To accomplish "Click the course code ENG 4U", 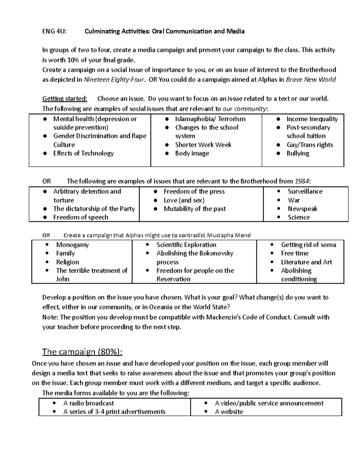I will [x=54, y=31].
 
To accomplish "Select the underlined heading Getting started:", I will [x=65, y=99].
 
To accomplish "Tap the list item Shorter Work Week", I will [x=203, y=145].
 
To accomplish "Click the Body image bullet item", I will [x=192, y=153].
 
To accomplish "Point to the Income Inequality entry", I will [x=312, y=119].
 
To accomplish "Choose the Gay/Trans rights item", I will [x=310, y=145].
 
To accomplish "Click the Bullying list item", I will [x=298, y=153].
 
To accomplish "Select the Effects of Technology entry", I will [x=83, y=153].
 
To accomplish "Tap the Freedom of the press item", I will [x=194, y=191].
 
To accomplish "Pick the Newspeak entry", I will [x=302, y=209].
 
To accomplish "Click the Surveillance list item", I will [x=305, y=191].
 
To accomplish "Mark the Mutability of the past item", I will [x=195, y=209].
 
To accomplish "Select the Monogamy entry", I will [x=72, y=245].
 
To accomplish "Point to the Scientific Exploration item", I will [x=186, y=245].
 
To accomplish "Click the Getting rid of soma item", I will [x=308, y=245].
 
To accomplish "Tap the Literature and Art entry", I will [x=306, y=262].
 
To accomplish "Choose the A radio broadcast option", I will [x=88, y=403].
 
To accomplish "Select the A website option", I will [x=229, y=412].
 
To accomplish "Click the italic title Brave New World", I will [x=311, y=80].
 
